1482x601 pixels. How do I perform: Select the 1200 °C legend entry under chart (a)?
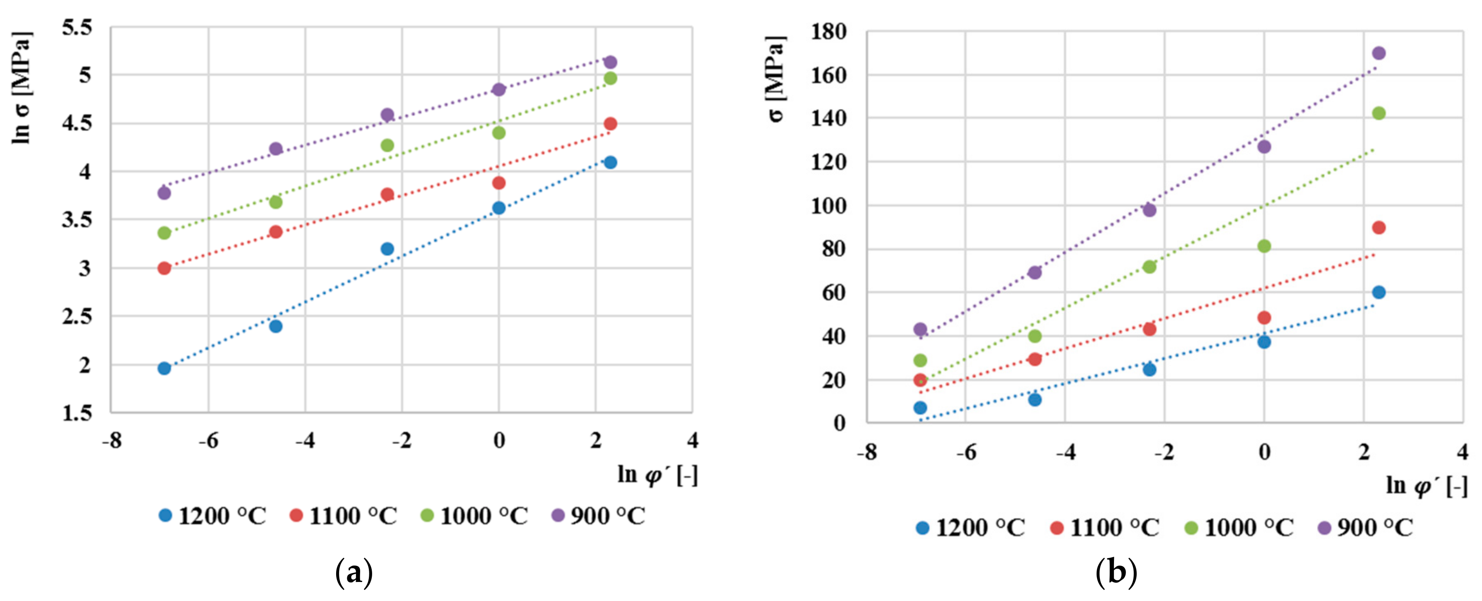[x=213, y=516]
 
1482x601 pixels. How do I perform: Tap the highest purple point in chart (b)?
[x=1379, y=53]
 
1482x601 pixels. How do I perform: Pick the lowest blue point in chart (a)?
[x=164, y=368]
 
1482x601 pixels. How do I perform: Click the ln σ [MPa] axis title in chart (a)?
[x=22, y=87]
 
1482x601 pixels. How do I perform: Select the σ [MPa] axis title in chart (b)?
[x=776, y=79]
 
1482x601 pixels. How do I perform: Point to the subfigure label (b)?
[x=1116, y=573]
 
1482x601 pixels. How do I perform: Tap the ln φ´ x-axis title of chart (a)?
[x=657, y=476]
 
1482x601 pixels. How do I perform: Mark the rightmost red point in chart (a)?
[x=611, y=124]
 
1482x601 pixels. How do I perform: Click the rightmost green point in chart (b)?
[x=1379, y=113]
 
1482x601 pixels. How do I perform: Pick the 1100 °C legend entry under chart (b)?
[x=1104, y=527]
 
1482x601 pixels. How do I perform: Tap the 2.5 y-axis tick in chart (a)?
[x=77, y=316]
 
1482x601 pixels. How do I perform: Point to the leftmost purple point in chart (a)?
[x=164, y=192]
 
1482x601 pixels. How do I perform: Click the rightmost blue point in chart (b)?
[x=1379, y=292]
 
